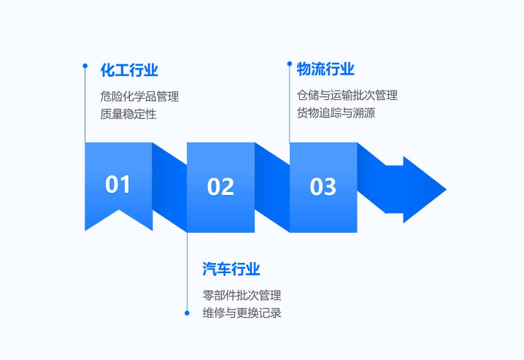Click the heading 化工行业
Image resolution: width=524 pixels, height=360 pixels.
pyautogui.click(x=129, y=70)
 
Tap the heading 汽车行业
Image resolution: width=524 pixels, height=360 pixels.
pyautogui.click(x=231, y=269)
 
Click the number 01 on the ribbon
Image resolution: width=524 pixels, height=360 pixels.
pyautogui.click(x=118, y=185)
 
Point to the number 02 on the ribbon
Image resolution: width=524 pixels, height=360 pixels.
pyautogui.click(x=220, y=187)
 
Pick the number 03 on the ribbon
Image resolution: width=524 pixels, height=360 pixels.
pyautogui.click(x=323, y=187)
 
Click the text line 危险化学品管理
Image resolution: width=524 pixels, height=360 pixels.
pyautogui.click(x=139, y=96)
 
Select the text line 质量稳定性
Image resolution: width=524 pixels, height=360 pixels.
pyautogui.click(x=128, y=114)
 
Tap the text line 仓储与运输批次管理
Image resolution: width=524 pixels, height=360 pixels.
pyautogui.click(x=347, y=95)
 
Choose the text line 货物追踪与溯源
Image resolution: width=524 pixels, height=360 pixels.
pyautogui.click(x=336, y=113)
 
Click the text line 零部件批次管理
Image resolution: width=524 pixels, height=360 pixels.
pyautogui.click(x=242, y=296)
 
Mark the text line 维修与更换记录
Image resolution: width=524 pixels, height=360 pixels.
pyautogui.click(x=242, y=313)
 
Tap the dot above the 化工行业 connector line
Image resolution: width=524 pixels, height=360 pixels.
pyautogui.click(x=85, y=66)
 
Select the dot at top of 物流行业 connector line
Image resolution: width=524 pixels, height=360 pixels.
pyautogui.click(x=289, y=64)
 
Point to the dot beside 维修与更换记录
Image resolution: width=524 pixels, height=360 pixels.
pyautogui.click(x=187, y=313)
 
